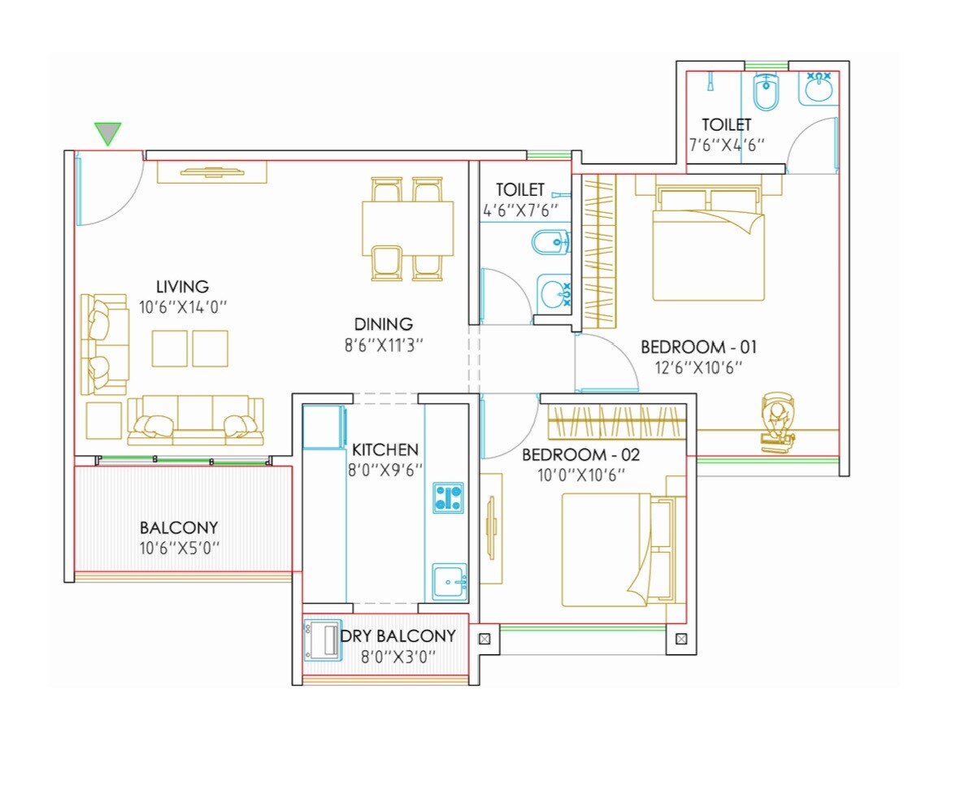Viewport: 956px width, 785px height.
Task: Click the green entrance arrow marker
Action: (107, 133)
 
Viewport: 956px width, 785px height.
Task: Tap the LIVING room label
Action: (182, 287)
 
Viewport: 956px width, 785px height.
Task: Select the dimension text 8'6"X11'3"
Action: (383, 345)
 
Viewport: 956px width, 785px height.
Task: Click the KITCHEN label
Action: (385, 449)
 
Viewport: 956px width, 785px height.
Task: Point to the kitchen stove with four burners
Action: (448, 497)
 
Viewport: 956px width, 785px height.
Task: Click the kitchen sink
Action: (449, 582)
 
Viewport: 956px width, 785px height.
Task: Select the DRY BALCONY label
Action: (398, 636)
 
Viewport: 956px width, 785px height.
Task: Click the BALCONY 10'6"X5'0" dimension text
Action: (178, 548)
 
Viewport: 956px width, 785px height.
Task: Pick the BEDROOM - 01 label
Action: (698, 347)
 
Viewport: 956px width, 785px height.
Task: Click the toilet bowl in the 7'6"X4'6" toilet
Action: (765, 92)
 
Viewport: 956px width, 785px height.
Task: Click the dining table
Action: (407, 228)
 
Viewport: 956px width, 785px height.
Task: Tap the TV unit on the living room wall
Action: (211, 171)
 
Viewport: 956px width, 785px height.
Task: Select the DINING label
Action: (383, 324)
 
